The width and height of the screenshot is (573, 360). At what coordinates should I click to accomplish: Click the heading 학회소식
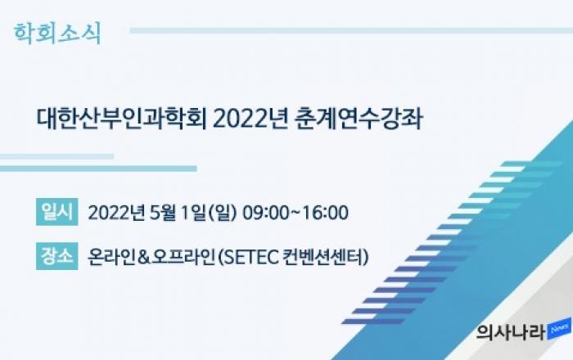[57, 34]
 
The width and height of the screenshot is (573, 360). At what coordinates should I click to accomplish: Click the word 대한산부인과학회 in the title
[122, 119]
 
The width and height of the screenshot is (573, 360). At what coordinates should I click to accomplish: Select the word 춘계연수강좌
[359, 119]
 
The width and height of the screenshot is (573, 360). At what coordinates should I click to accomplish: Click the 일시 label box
[57, 212]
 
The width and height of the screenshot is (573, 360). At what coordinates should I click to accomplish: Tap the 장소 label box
[57, 256]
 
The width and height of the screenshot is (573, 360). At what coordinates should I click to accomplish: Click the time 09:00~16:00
[296, 213]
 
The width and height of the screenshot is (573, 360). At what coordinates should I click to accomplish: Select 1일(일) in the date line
[209, 213]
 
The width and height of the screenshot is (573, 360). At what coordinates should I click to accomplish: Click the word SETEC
[251, 257]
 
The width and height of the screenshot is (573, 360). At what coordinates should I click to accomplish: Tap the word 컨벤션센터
[323, 257]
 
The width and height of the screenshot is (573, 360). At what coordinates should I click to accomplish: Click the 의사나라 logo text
[511, 333]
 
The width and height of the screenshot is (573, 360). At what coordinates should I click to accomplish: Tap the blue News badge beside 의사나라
[559, 329]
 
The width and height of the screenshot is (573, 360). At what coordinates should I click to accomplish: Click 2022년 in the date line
[117, 213]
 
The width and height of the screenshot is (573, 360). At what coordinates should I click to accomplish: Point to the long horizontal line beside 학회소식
[351, 30]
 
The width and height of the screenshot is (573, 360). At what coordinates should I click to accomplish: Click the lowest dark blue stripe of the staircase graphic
[373, 322]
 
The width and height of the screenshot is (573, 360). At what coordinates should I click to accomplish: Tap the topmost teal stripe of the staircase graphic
[532, 164]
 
